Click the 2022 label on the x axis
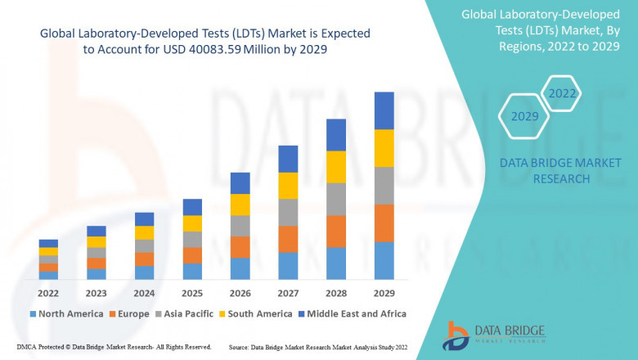pos(48,293)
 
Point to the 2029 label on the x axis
pos(384,293)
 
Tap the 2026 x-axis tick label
pos(240,293)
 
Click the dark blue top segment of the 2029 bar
pos(384,110)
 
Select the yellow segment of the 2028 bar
pos(336,167)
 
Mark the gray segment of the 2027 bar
pos(288,212)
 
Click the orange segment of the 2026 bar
pos(240,247)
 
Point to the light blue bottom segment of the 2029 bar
pos(384,260)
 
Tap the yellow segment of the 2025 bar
pos(192,223)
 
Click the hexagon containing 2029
pos(524,116)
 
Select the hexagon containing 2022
pos(562,93)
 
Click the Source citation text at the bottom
pos(319,348)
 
